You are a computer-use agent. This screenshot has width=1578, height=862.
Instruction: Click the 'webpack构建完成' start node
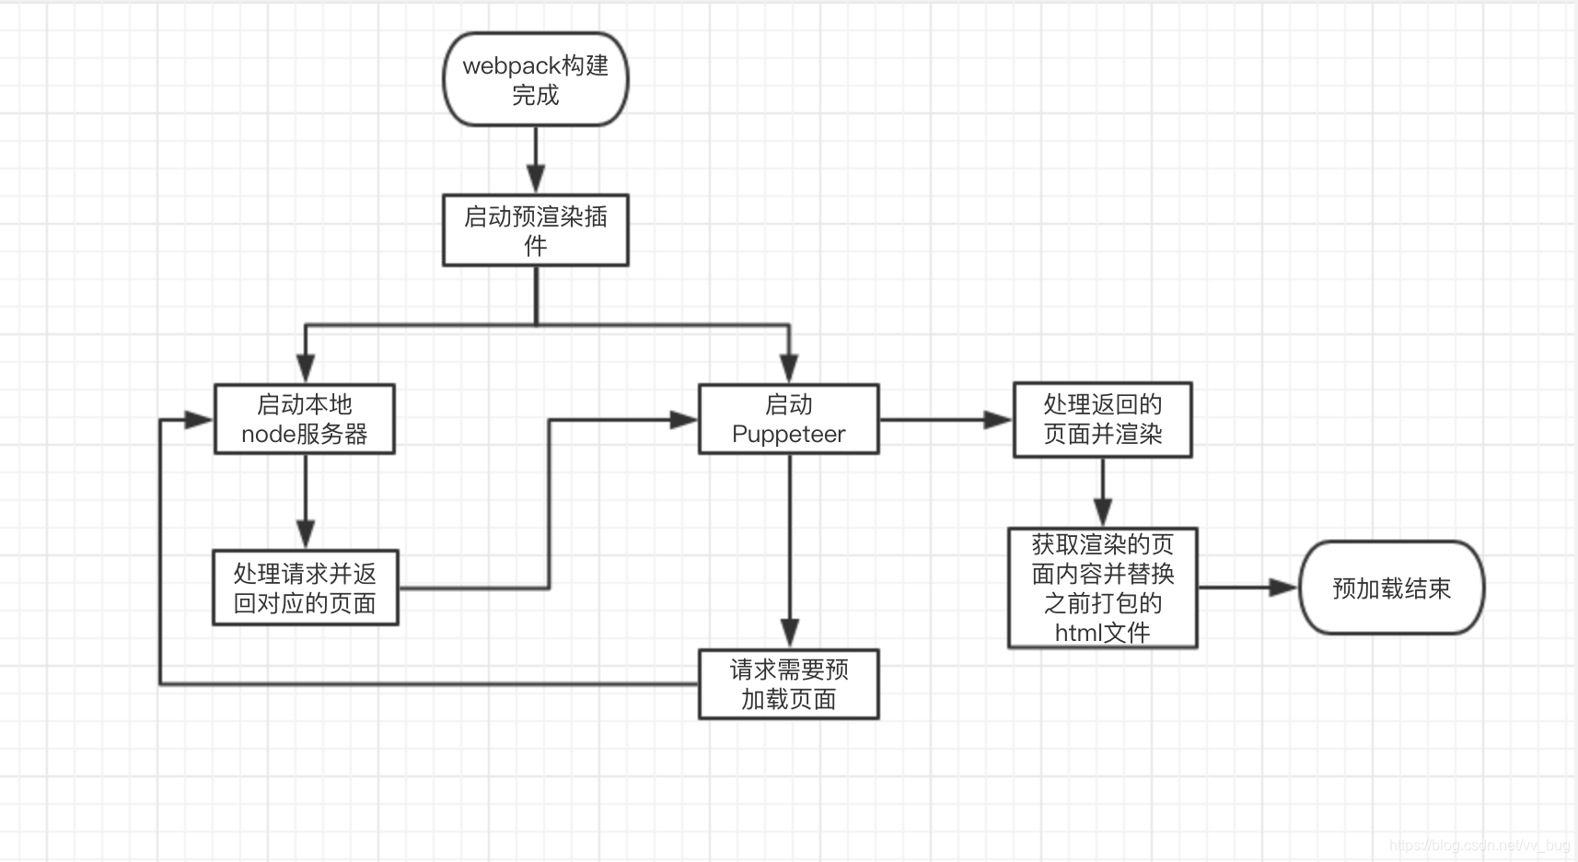535,80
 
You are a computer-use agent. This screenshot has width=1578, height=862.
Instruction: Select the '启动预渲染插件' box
535,230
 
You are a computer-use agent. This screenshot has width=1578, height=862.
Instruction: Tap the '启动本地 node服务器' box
305,419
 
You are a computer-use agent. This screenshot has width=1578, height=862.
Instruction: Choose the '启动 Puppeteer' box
788,419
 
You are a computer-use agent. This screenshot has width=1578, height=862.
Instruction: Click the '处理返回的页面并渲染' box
1102,420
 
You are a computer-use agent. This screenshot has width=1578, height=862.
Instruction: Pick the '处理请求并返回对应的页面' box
305,588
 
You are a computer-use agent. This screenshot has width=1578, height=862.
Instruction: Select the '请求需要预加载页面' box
788,684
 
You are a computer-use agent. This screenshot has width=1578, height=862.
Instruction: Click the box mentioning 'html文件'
1102,588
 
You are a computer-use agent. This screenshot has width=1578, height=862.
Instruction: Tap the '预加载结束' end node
1391,588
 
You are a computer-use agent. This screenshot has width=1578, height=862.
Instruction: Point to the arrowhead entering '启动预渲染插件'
536,179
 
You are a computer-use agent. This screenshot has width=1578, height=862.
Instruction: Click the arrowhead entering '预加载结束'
1282,588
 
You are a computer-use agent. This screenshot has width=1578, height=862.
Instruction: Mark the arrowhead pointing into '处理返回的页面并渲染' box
997,420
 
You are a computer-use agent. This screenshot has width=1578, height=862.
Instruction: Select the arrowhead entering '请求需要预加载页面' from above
789,634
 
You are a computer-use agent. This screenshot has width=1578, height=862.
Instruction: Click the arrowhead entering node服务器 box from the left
198,420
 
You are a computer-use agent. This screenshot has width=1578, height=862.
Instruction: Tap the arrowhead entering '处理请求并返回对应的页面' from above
306,535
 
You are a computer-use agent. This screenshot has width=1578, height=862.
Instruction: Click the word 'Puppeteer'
788,434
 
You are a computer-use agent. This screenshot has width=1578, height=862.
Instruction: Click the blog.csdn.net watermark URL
1479,845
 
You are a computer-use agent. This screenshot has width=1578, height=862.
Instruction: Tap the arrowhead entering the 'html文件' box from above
1102,512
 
